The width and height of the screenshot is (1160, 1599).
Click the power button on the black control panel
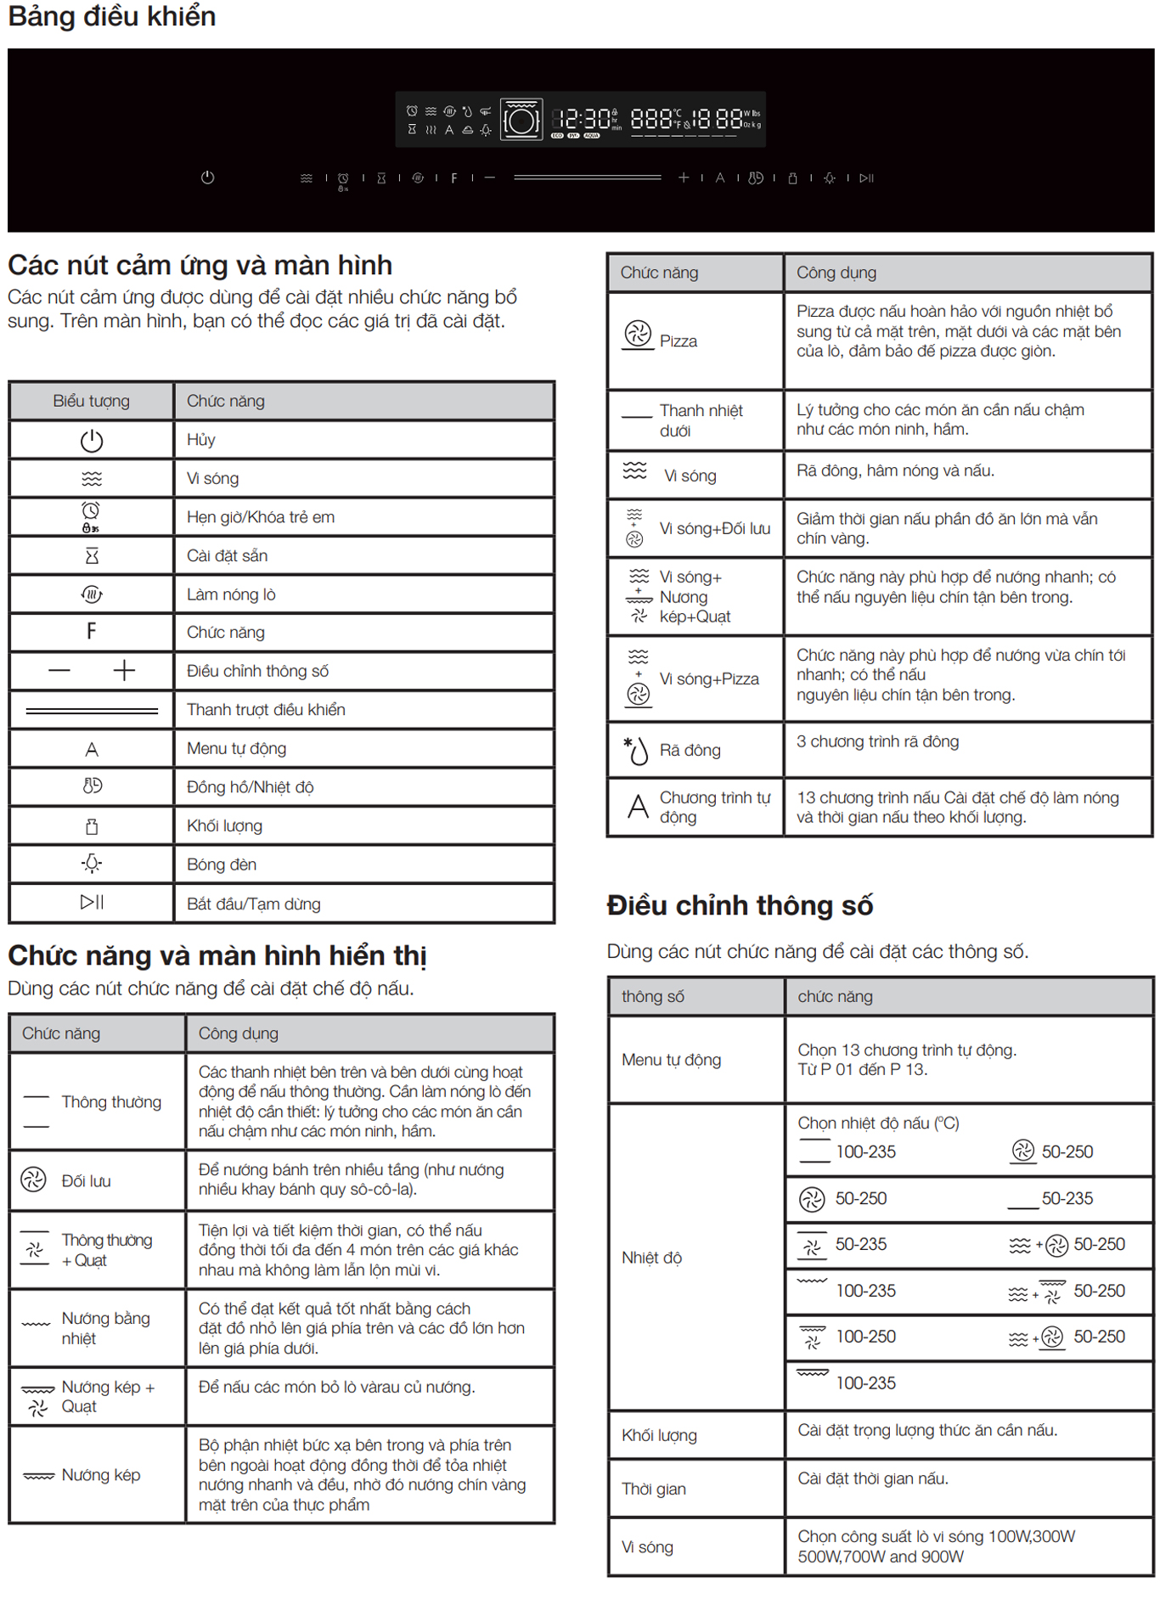click(207, 177)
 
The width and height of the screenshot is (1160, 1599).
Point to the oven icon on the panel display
click(521, 120)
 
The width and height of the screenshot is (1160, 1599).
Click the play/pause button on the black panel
click(866, 178)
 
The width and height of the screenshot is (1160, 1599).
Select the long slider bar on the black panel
click(587, 177)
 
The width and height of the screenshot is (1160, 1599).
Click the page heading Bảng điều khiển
click(112, 16)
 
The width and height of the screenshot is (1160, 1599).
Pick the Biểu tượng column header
click(91, 401)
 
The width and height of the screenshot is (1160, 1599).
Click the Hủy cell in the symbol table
click(201, 440)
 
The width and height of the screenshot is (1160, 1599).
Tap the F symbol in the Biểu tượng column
click(91, 631)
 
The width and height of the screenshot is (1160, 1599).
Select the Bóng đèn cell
click(222, 864)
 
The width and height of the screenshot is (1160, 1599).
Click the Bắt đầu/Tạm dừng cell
click(254, 904)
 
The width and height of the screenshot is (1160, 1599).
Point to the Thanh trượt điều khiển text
click(266, 710)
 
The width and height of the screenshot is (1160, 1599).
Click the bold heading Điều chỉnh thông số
click(740, 905)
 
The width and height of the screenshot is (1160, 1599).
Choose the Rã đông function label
click(690, 751)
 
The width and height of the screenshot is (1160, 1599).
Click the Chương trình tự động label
click(714, 808)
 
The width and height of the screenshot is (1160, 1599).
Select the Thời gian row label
click(654, 1489)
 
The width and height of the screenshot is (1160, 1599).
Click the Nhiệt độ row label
click(651, 1258)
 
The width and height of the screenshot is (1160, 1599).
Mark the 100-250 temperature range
click(865, 1337)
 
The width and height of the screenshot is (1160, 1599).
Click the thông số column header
click(652, 997)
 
